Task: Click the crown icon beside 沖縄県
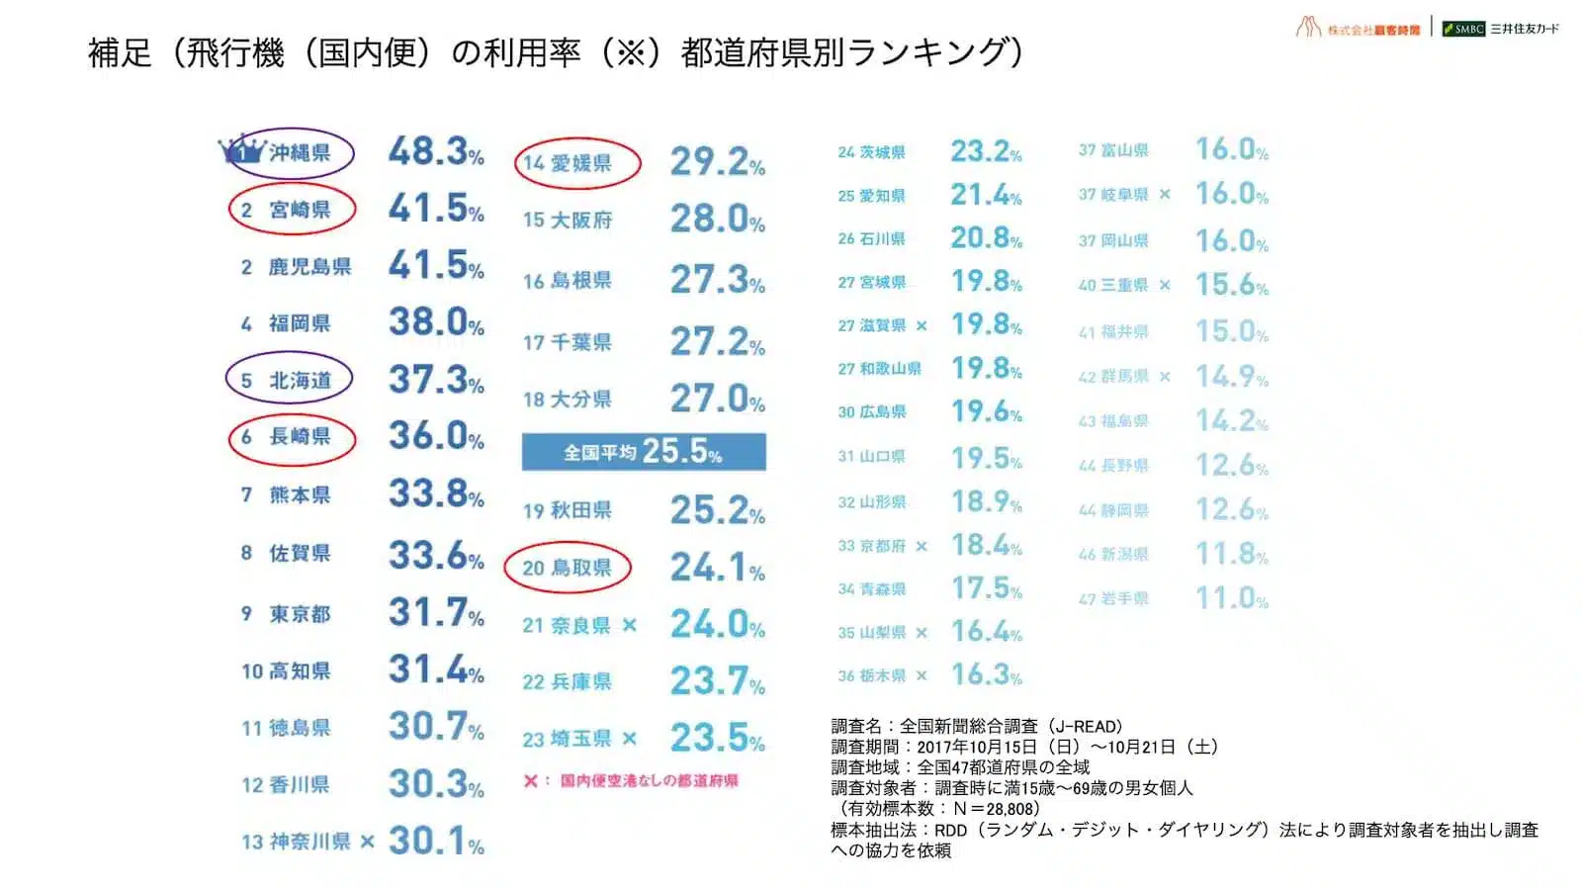(242, 151)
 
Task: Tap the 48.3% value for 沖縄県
(435, 151)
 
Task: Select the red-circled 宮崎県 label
(292, 210)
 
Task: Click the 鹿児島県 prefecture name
(309, 266)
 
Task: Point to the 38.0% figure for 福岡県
(435, 321)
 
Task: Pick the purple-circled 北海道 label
(290, 380)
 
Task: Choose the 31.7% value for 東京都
(435, 612)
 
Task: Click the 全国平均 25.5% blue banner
(644, 452)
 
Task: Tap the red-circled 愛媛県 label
(577, 163)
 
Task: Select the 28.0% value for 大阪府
(717, 219)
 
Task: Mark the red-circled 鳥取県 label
(568, 568)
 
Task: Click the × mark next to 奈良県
(630, 625)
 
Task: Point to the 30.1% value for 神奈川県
(435, 841)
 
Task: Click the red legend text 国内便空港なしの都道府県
(649, 780)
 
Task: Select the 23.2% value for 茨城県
(985, 151)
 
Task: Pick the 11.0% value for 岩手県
(1231, 598)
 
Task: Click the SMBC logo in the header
(1464, 29)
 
